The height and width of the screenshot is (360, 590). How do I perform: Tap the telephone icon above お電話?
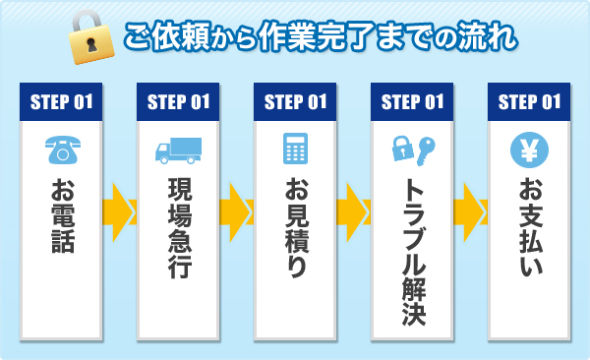[61, 150]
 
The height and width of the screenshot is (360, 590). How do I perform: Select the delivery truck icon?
[178, 150]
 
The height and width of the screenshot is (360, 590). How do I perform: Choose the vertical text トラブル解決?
[412, 251]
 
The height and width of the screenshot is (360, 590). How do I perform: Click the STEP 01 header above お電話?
[61, 100]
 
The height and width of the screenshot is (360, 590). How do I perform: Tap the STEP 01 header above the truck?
[178, 100]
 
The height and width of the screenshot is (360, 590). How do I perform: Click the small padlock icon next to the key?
[400, 150]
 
